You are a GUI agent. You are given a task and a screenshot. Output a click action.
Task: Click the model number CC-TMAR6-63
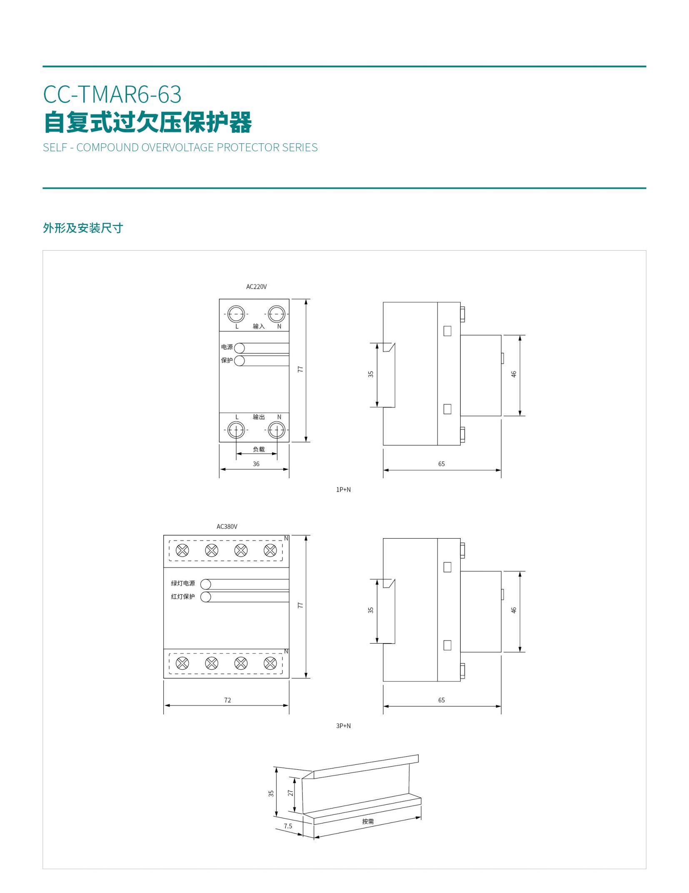point(112,94)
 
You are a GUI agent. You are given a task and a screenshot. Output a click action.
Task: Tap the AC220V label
point(256,287)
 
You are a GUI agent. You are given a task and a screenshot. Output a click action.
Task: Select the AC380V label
point(227,526)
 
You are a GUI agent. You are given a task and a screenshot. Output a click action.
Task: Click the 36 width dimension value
point(256,464)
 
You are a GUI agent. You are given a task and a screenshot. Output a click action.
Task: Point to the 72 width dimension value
point(227,700)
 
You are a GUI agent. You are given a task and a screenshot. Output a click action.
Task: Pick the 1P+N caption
point(343,489)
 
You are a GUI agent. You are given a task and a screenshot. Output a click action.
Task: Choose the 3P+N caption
point(343,726)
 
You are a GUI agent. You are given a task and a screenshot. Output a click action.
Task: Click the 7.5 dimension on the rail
point(288,826)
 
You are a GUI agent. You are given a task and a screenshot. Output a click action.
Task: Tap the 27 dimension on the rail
point(291,793)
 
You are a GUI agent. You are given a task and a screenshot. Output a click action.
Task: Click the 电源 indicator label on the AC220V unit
point(227,347)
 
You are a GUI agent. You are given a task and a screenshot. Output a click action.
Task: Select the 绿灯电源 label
point(183,583)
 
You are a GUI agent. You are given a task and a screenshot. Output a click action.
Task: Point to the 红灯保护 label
point(183,596)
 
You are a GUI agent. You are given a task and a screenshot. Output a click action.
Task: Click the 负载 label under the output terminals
point(259,449)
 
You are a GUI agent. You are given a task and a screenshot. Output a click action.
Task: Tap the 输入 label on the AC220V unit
point(259,326)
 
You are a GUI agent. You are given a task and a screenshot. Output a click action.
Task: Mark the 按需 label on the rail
point(368,821)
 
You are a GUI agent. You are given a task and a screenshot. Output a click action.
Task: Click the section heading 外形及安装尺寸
point(83,228)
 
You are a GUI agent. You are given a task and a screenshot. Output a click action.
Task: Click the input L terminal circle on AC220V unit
point(236,314)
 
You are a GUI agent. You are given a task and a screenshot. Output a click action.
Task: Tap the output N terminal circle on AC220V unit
point(277,430)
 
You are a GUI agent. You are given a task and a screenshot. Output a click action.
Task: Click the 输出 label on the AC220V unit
point(259,417)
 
